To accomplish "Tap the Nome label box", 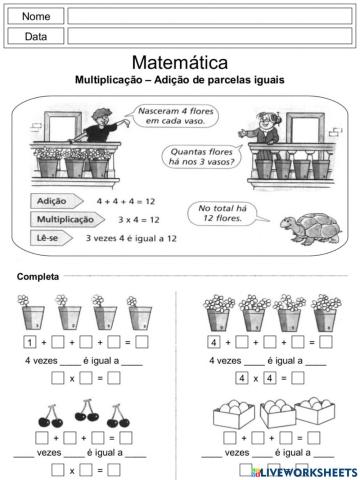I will [36, 17].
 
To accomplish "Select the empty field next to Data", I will [209, 36].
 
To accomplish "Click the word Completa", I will [38, 276].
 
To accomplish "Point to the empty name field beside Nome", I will [209, 17].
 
